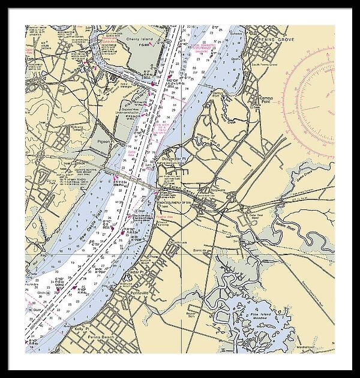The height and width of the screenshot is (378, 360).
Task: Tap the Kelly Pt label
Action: [x=81, y=329]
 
